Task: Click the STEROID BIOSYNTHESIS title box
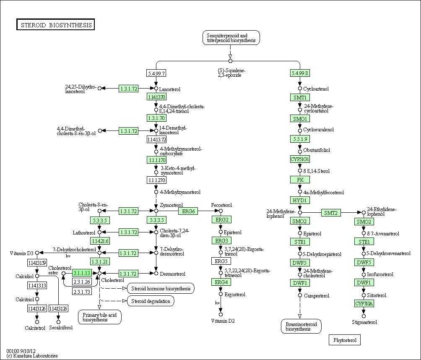56,25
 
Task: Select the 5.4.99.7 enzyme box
156,73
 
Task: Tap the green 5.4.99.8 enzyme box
300,73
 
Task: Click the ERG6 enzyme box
187,211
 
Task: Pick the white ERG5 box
221,261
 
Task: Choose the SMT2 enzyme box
331,213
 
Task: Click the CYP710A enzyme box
364,303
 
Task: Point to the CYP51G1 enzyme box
300,159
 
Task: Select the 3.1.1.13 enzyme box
82,273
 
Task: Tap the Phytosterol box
345,340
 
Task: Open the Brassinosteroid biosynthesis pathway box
301,326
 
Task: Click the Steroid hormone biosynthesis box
161,288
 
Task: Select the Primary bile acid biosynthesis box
100,317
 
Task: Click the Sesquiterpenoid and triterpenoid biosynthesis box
231,38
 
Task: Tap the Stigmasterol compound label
364,322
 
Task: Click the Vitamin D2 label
223,321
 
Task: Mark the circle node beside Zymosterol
156,211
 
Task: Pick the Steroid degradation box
151,301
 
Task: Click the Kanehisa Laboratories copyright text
32,356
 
